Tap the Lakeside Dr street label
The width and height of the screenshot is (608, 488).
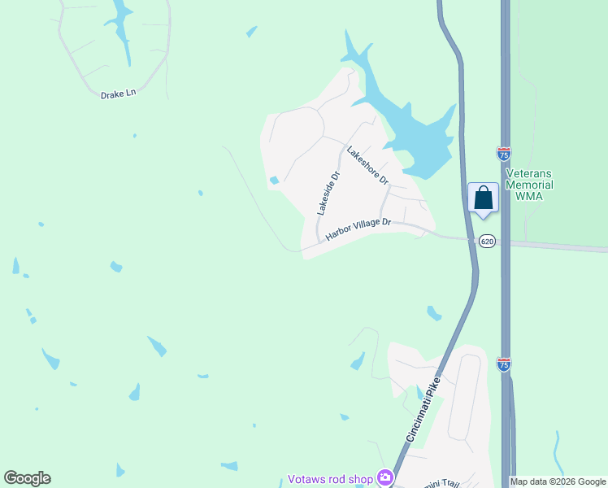pyautogui.click(x=328, y=193)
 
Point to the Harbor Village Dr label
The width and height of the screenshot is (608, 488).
pyautogui.click(x=358, y=229)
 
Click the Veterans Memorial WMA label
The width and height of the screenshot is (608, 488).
pyautogui.click(x=529, y=185)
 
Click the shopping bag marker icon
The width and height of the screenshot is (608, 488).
pyautogui.click(x=484, y=198)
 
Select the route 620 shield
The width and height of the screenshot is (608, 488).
pyautogui.click(x=486, y=241)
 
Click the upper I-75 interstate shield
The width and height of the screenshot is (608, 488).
pyautogui.click(x=504, y=152)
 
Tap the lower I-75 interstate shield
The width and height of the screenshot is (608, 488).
pyautogui.click(x=504, y=364)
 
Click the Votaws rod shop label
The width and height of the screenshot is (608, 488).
pyautogui.click(x=329, y=478)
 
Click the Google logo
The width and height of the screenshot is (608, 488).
pyautogui.click(x=28, y=478)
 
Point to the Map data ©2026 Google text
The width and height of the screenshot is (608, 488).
pyautogui.click(x=558, y=481)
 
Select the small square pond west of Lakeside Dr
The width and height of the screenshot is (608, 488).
pyautogui.click(x=274, y=181)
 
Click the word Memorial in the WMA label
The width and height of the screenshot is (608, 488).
pyautogui.click(x=529, y=185)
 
